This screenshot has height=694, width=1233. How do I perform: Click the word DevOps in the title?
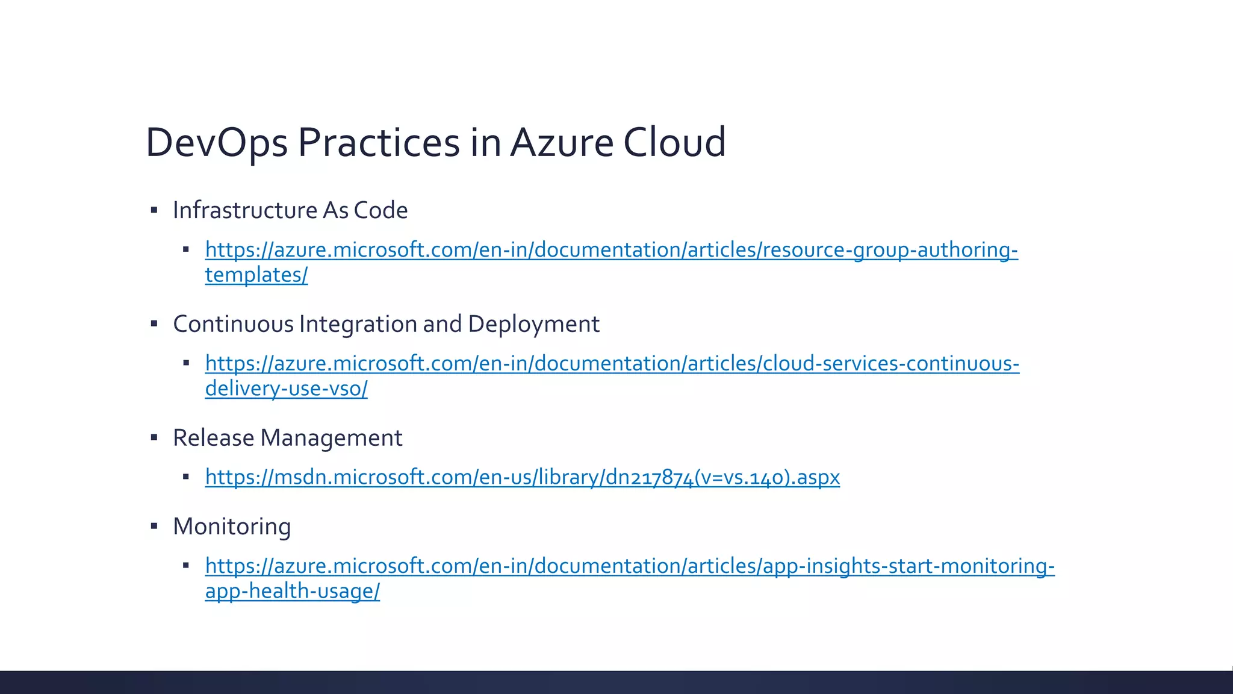point(217,143)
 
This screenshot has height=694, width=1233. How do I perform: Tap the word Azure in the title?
point(561,143)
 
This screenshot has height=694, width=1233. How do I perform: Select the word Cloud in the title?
point(674,143)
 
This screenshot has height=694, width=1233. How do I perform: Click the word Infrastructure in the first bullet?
point(245,210)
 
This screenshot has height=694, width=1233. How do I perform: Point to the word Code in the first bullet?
point(380,210)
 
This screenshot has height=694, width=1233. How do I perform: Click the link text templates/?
point(256,275)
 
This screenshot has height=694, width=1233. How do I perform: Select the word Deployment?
point(533,324)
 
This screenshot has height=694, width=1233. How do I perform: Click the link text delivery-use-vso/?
point(286,389)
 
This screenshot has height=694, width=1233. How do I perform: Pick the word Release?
point(213,438)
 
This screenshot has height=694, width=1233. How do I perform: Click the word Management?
point(331,438)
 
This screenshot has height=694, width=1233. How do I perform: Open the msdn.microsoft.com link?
point(522,477)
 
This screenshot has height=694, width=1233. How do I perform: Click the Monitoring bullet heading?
point(232,527)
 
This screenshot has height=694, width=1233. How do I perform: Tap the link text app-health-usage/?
point(292,591)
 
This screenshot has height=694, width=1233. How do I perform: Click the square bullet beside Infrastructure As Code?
point(154,210)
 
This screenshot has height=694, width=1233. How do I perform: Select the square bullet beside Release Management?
point(154,438)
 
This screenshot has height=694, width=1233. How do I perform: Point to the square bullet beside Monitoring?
point(154,527)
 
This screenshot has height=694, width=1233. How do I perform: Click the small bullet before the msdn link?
point(186,477)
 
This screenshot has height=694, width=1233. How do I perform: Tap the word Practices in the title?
point(379,143)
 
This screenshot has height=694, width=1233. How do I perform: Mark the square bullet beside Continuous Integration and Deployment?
point(154,324)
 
